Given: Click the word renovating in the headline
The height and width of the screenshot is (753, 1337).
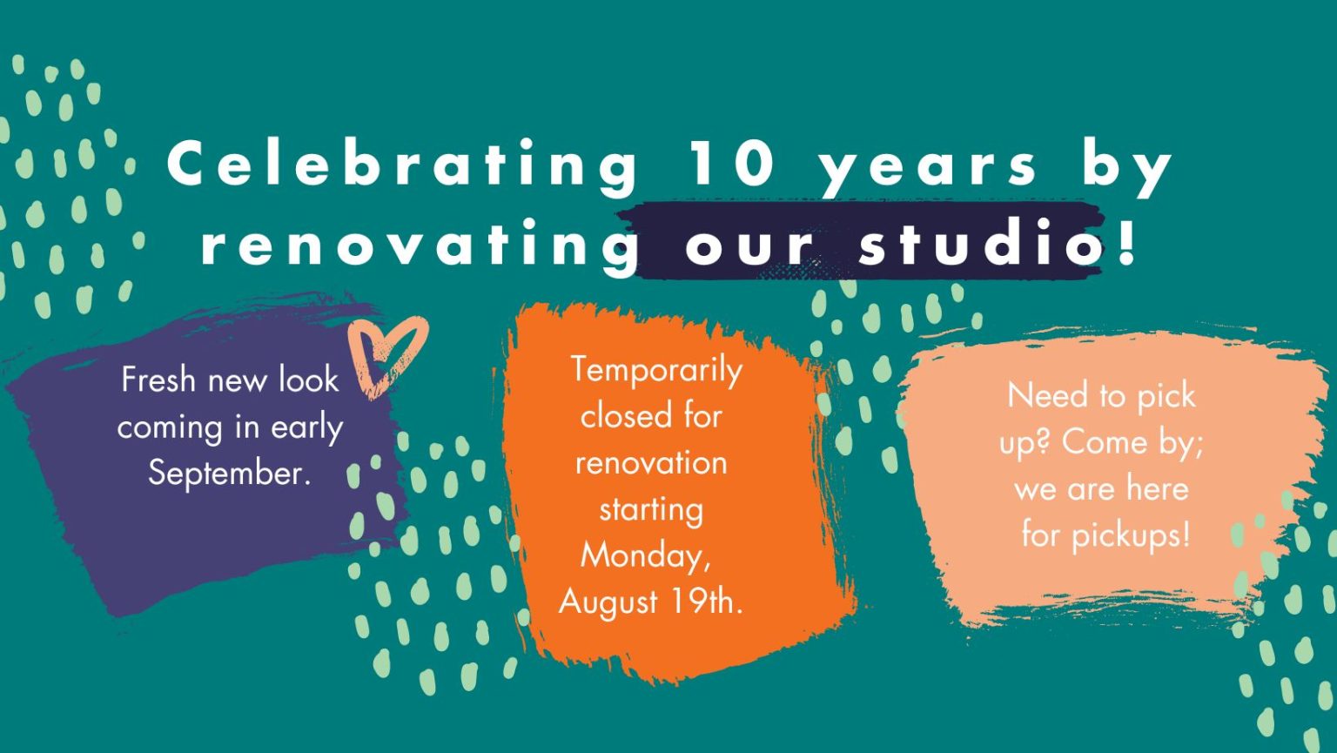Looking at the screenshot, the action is [420, 245].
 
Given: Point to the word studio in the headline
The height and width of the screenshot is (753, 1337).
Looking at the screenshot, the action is [979, 241].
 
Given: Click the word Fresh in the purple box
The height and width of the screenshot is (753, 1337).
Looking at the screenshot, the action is [158, 380].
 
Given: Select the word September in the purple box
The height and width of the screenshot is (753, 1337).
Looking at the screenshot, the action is [230, 475].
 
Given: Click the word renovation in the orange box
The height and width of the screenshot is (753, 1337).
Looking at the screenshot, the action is [651, 463].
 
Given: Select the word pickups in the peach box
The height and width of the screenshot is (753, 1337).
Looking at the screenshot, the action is [1131, 536].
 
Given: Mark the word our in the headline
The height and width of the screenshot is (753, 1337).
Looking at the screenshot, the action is [749, 246].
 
